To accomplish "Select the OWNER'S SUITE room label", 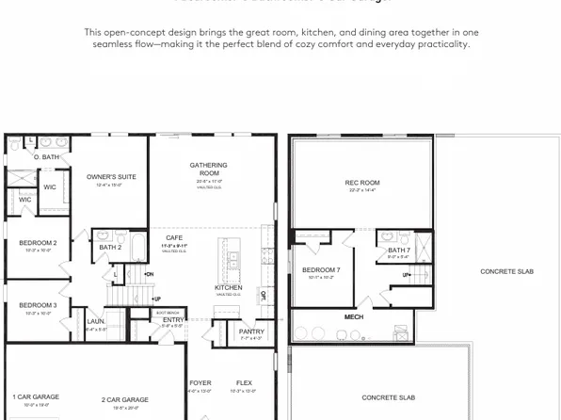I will coord(111,176).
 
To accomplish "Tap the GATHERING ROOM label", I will coord(208,170).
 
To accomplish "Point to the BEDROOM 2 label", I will coord(39,243).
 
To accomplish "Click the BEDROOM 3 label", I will coord(39,305).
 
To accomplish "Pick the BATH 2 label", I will coord(110,247).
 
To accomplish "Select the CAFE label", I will coord(175,238).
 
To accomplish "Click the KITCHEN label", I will coord(229,287).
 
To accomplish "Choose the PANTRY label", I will coord(251,331).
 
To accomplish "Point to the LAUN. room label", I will coord(96,321).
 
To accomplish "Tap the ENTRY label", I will coord(174,319).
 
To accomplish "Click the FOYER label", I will coord(200,383).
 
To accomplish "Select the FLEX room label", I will coord(244,383).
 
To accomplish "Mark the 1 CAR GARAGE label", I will coord(36,396).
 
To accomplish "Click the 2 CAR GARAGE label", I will coord(125,399).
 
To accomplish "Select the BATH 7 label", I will coord(399,250).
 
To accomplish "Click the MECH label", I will coord(354,317).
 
